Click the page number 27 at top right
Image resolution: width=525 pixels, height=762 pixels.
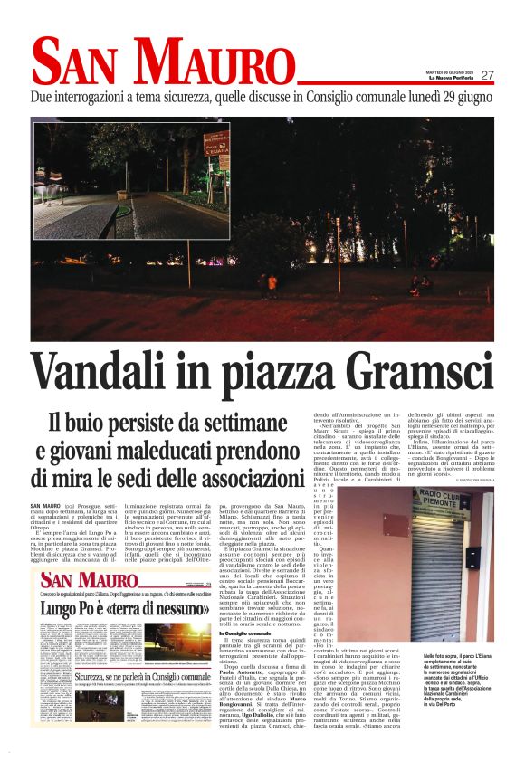[487, 75]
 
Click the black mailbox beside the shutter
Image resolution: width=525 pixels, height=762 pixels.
[472, 557]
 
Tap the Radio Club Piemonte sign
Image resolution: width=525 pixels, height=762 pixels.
[444, 499]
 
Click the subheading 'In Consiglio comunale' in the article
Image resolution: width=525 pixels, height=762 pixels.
[234, 633]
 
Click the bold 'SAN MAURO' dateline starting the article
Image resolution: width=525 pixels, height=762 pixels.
[45, 504]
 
